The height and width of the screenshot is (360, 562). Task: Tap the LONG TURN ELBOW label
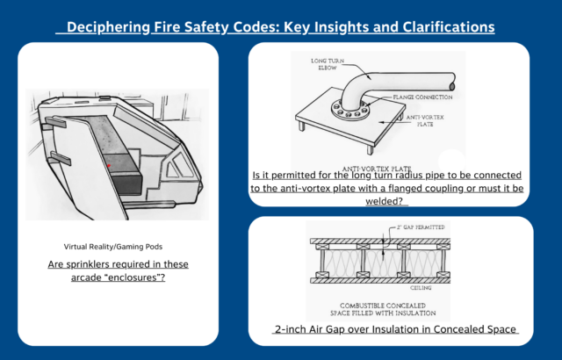[327, 64]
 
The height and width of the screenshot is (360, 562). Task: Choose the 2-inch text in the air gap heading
[294, 330]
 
